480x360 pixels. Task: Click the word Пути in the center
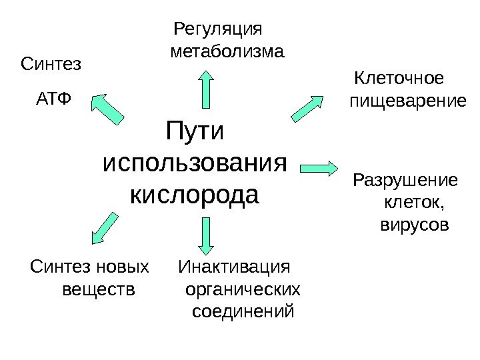click(x=196, y=130)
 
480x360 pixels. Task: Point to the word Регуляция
click(x=218, y=30)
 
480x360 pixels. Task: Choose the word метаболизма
click(x=227, y=51)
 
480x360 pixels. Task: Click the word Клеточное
click(x=399, y=79)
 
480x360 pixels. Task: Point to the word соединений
click(x=243, y=311)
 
